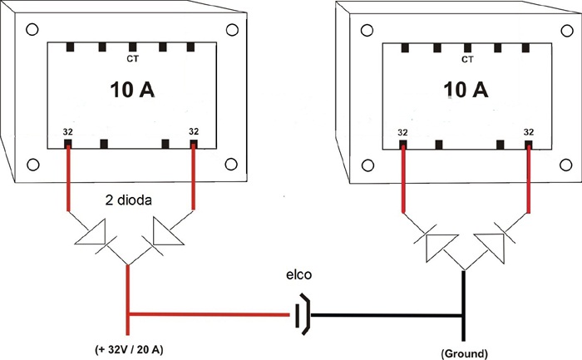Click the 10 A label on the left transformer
tap(132, 90)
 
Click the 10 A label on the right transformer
tap(466, 90)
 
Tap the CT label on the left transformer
tap(132, 59)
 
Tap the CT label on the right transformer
tap(467, 59)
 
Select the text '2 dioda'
tap(128, 200)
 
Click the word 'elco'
tap(298, 275)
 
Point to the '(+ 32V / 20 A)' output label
tap(129, 350)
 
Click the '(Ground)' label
tap(464, 353)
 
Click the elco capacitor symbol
tap(302, 315)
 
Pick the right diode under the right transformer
tap(493, 245)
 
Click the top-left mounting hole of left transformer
tap(32, 29)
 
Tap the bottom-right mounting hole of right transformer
tap(565, 165)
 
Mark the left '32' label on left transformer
tap(68, 131)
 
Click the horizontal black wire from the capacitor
tap(387, 315)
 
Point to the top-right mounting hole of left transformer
tap(232, 30)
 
